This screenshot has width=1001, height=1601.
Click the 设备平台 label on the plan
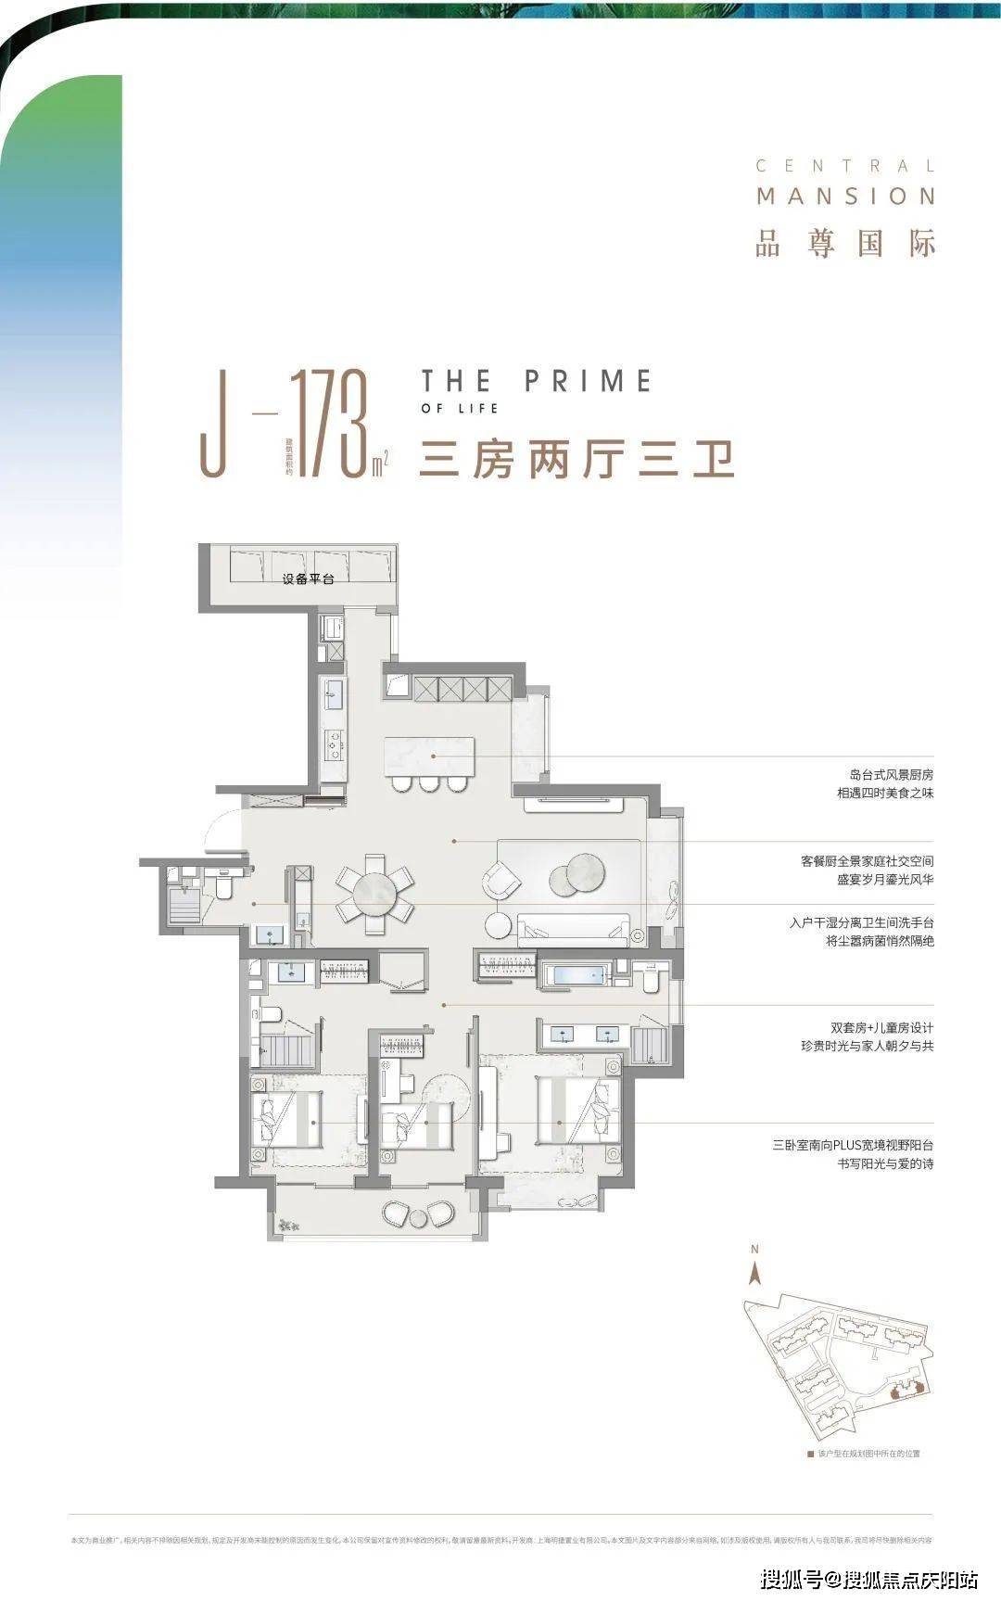coord(308,578)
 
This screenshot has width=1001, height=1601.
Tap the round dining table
coord(375,893)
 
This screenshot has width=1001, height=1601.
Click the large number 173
coord(329,425)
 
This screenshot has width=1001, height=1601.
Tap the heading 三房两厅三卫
coord(577,459)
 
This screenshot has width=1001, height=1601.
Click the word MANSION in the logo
coord(845,197)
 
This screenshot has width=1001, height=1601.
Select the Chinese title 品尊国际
coord(845,242)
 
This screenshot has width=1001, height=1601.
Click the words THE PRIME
coord(537,381)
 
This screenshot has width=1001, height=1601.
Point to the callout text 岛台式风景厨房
coord(891,774)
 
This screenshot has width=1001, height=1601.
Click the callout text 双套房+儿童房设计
coord(881,1027)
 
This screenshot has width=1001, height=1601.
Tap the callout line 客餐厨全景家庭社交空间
coord(867,861)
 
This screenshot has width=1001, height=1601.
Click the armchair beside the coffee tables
coord(501,879)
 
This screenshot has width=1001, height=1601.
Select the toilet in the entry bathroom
coord(223,887)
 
